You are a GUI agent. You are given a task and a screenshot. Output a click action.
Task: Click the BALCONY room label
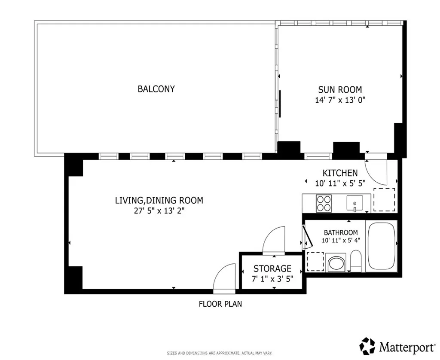point(156,89)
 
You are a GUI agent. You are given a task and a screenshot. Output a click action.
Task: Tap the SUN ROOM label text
point(340,90)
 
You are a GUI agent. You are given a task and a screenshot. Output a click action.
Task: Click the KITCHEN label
point(340,173)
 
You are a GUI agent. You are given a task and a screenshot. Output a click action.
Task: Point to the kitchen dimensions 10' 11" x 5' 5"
point(340,183)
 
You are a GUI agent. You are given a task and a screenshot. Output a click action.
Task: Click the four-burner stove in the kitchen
point(324,203)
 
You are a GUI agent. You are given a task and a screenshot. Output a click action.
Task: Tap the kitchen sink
point(354,203)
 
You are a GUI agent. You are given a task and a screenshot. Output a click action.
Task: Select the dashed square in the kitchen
point(384,199)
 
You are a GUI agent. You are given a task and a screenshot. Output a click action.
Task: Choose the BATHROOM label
point(341,232)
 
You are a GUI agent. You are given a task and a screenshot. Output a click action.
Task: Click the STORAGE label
point(272,268)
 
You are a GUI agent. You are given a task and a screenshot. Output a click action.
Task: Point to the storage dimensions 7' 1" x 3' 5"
point(272,278)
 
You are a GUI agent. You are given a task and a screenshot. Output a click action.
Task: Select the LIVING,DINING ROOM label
point(159,200)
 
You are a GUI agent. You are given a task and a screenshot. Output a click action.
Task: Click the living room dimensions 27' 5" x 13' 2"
point(159,211)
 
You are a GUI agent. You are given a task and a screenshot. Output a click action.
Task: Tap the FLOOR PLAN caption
point(220,304)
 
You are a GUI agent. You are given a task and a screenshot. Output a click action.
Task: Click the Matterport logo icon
point(367,345)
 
